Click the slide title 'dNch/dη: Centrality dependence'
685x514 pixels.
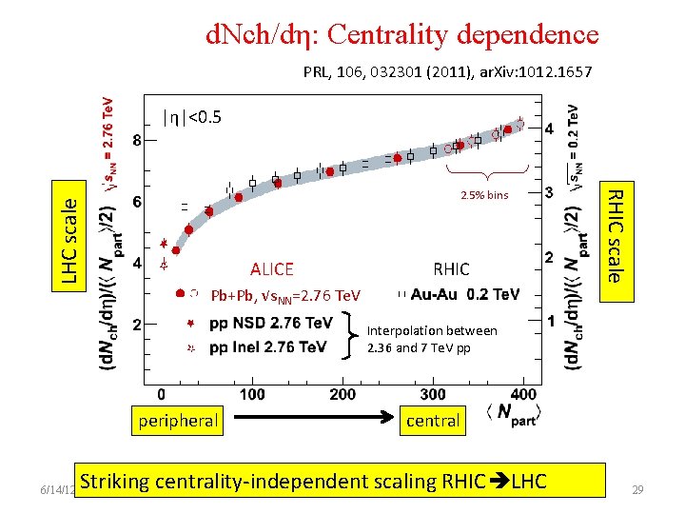[402, 35]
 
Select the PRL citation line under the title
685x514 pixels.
[447, 71]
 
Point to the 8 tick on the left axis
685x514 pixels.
[137, 140]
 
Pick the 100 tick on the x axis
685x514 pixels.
[252, 394]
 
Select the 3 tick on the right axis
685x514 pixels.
[549, 193]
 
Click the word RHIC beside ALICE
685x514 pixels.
[451, 269]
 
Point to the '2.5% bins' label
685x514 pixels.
[485, 195]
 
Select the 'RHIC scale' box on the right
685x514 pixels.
[616, 235]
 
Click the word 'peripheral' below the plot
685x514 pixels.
[178, 420]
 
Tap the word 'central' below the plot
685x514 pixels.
[433, 420]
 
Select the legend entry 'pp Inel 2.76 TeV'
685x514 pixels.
[267, 346]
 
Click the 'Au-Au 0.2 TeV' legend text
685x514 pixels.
[465, 294]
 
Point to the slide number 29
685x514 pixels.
[639, 489]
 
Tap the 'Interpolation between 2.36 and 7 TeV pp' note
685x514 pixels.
[431, 338]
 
